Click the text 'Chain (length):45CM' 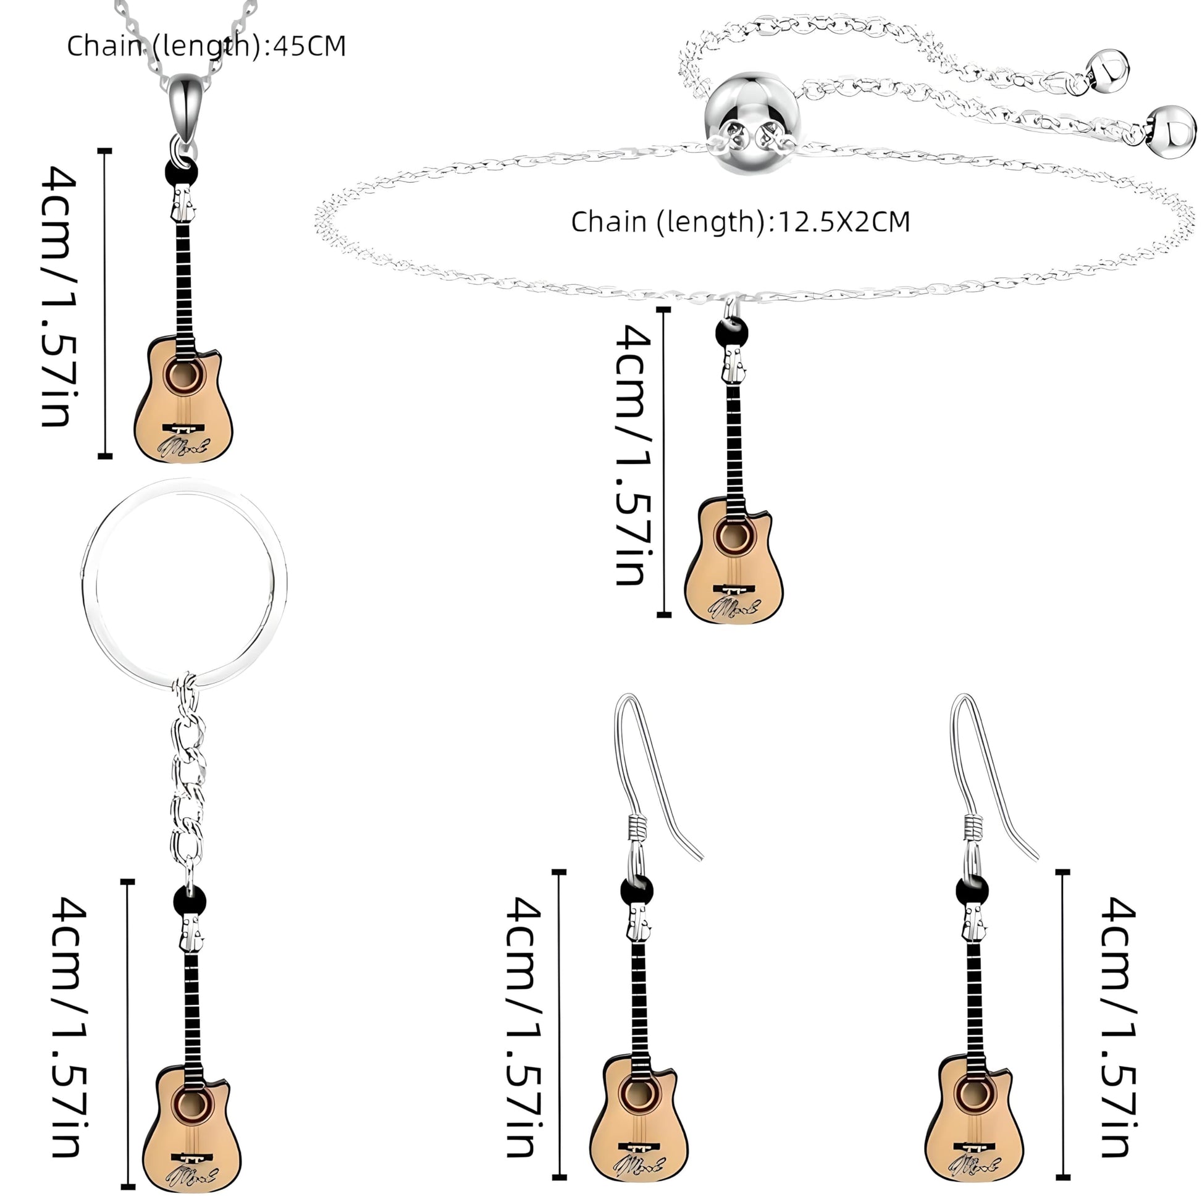point(206,46)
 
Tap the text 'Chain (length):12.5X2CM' point(740,222)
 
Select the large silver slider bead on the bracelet point(752,121)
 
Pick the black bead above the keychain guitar point(189,900)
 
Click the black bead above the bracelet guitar point(731,334)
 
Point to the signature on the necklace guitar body point(185,445)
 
